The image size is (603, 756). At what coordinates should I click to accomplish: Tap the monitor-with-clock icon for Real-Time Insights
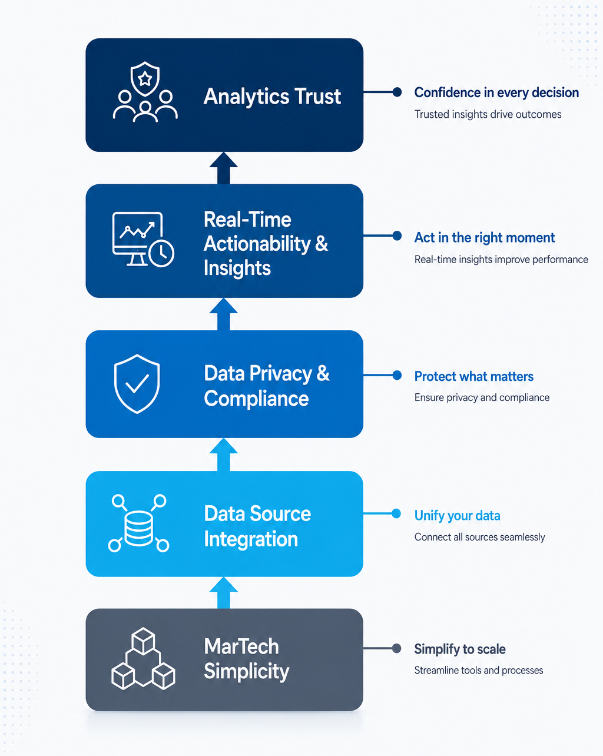(143, 239)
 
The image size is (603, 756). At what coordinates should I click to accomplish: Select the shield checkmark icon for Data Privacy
(137, 384)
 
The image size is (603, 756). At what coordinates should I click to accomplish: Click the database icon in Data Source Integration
(138, 523)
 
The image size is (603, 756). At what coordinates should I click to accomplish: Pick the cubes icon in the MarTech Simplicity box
(143, 658)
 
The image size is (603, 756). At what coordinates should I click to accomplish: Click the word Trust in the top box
(317, 96)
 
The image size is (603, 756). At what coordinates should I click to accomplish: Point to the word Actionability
(257, 244)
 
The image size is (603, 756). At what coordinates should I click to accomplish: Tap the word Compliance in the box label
(256, 399)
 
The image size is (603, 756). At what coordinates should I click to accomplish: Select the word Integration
(251, 539)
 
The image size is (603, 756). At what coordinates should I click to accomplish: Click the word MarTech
(241, 646)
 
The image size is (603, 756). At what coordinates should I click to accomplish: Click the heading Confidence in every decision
(496, 92)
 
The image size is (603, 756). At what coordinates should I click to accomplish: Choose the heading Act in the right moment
(485, 237)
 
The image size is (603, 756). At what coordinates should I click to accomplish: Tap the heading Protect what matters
(473, 376)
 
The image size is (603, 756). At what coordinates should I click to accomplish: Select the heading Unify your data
(457, 516)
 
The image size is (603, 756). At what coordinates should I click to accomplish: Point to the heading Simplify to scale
(460, 649)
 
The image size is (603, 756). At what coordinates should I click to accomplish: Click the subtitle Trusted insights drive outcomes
(488, 114)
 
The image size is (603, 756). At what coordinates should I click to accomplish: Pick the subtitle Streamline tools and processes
(479, 670)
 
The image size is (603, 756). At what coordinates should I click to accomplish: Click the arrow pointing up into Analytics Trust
(224, 168)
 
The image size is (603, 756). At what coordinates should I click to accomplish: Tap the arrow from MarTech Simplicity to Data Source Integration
(224, 593)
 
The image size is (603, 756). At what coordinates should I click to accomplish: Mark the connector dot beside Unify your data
(396, 513)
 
